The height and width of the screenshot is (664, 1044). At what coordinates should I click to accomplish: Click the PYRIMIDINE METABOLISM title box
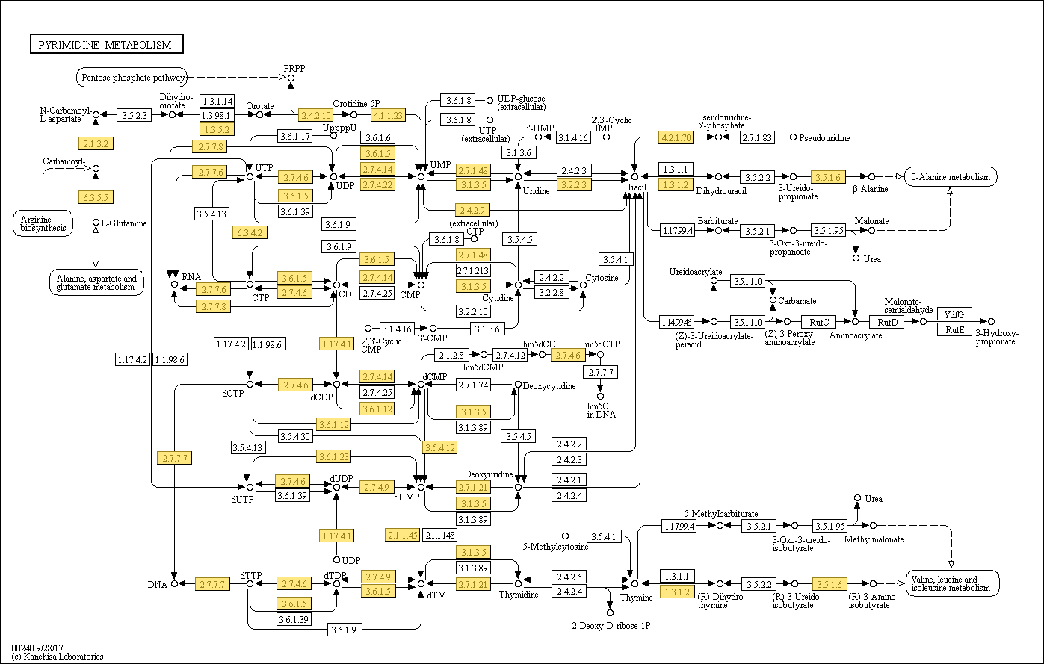(105, 45)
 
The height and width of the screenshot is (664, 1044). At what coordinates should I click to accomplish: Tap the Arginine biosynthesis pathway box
(43, 223)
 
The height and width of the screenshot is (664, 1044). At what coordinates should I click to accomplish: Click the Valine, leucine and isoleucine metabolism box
(952, 583)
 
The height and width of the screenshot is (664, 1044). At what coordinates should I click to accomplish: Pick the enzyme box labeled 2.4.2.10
(315, 115)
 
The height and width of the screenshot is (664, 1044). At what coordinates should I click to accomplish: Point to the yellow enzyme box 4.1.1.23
(388, 115)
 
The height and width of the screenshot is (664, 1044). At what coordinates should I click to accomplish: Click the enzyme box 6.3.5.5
(95, 197)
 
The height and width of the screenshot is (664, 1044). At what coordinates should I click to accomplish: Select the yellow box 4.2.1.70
(675, 137)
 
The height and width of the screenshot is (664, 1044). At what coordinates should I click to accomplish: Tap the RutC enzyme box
(820, 322)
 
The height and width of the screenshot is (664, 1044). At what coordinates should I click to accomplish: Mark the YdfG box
(954, 314)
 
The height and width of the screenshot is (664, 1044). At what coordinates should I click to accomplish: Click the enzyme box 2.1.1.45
(402, 535)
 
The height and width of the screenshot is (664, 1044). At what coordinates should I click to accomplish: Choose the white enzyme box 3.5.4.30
(295, 435)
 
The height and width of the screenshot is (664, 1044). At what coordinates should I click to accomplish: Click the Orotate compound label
(259, 105)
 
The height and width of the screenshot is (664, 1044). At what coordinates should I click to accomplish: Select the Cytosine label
(602, 278)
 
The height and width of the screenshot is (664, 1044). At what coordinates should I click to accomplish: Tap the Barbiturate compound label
(717, 221)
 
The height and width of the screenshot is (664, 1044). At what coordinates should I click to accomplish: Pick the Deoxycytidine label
(549, 385)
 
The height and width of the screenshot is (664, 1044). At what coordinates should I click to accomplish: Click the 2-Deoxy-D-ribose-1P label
(611, 625)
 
